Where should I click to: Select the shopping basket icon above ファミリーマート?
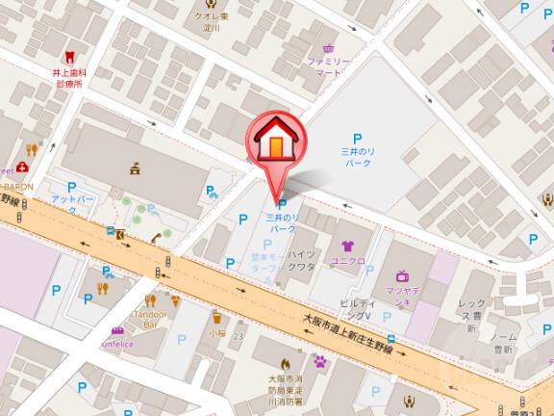329,47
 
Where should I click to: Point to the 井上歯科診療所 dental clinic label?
67,77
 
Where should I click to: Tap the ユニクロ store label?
345,261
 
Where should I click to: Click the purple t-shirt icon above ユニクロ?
345,246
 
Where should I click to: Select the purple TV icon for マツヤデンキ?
402,276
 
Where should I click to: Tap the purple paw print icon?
320,362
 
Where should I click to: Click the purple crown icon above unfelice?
117,328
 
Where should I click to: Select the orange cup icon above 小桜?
217,316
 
